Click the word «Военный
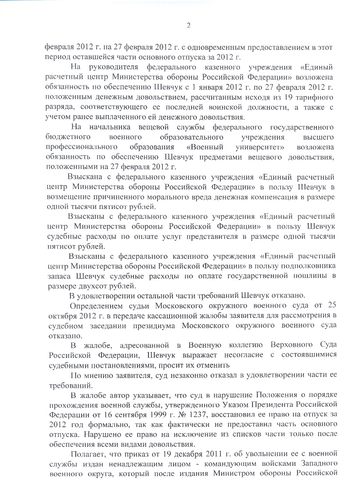[x=205, y=147]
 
